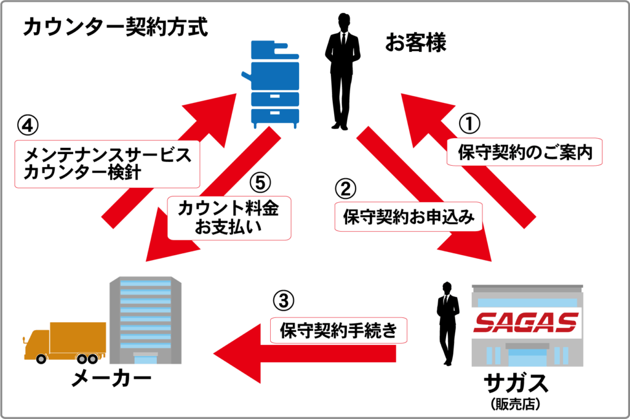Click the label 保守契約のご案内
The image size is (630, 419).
[525, 152]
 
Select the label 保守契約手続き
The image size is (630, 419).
[338, 331]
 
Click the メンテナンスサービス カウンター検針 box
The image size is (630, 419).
[107, 163]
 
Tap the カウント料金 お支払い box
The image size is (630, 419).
[228, 218]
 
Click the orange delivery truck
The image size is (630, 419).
[62, 342]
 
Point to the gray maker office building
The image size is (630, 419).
[145, 321]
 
